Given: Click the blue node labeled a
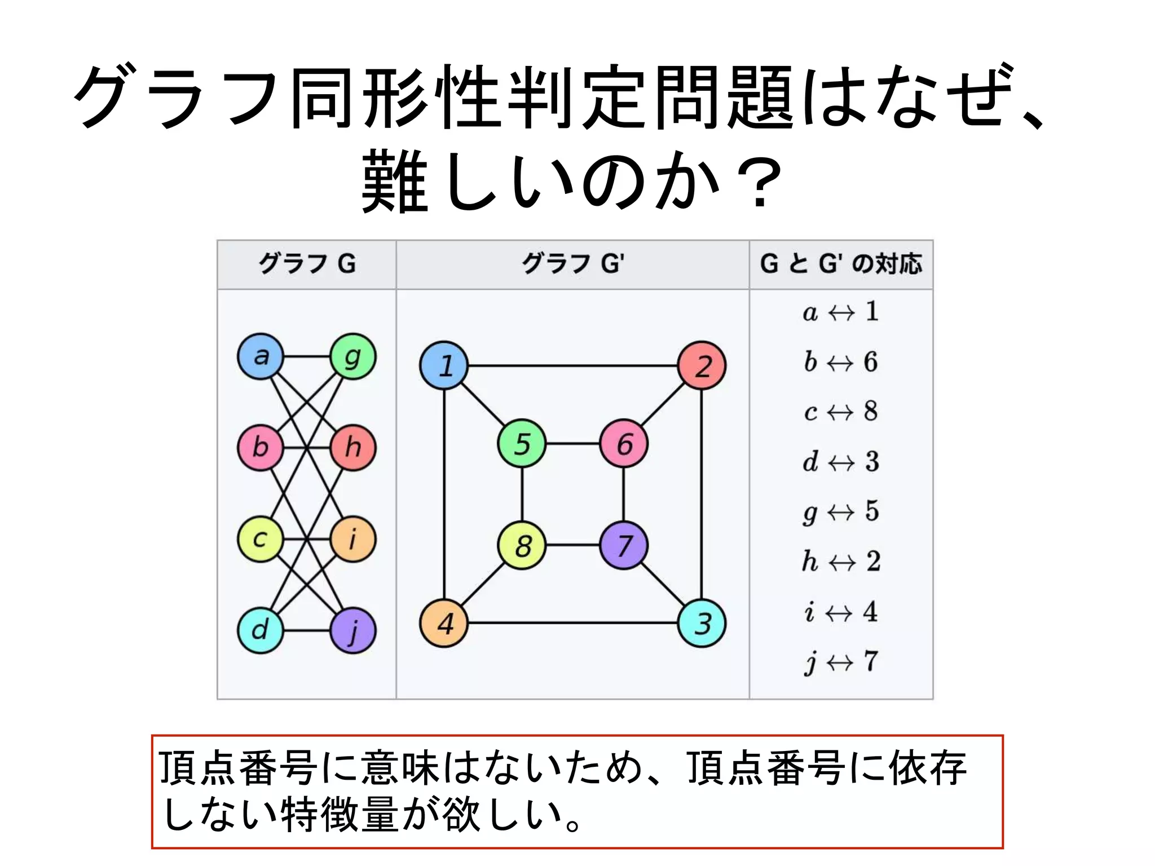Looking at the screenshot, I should click(x=260, y=356).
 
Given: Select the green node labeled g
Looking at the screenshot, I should click(x=352, y=356).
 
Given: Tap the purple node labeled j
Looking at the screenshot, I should click(x=352, y=630).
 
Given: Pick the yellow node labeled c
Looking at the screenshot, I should click(x=260, y=539).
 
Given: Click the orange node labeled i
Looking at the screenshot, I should click(x=352, y=539).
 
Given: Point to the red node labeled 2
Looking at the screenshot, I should click(x=702, y=365).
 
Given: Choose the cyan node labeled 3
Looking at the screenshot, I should click(x=702, y=623).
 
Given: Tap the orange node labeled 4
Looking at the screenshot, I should click(x=444, y=623).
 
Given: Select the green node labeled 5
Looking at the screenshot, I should click(x=522, y=443).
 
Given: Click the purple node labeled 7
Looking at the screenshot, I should click(x=624, y=545).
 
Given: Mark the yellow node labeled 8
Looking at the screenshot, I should click(x=522, y=545).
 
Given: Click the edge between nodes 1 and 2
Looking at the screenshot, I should click(x=572, y=365).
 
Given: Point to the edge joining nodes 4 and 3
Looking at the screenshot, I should click(x=572, y=623).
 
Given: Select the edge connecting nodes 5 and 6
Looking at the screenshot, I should click(x=572, y=443).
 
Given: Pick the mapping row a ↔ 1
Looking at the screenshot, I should click(x=840, y=312).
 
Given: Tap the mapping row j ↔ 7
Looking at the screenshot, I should click(x=840, y=661).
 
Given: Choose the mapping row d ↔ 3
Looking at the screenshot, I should click(x=840, y=462).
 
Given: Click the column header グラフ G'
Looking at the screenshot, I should click(x=572, y=264).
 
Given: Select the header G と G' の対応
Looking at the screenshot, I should click(x=840, y=264).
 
